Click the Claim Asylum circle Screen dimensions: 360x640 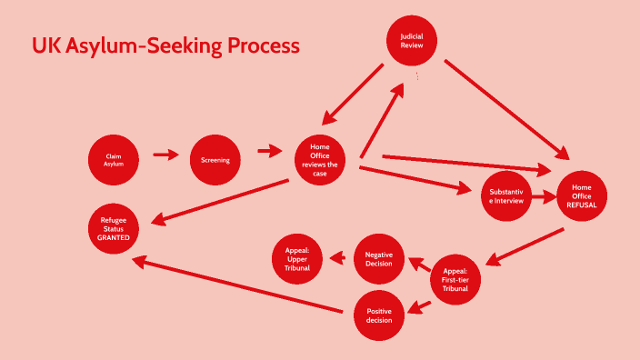(x=115, y=160)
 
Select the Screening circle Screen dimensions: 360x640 (x=215, y=160)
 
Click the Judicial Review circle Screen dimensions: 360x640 (x=412, y=41)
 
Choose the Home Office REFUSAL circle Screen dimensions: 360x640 (x=581, y=195)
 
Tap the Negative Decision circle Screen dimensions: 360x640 (x=378, y=259)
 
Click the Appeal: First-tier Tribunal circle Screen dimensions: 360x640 (x=455, y=279)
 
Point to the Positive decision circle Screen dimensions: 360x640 (x=378, y=315)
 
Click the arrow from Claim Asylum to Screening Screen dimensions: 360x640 (x=165, y=155)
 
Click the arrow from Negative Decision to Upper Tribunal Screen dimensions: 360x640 (x=338, y=259)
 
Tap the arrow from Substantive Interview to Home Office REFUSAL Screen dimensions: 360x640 (x=544, y=195)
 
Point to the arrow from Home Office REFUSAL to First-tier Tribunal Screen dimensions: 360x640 (x=526, y=246)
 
